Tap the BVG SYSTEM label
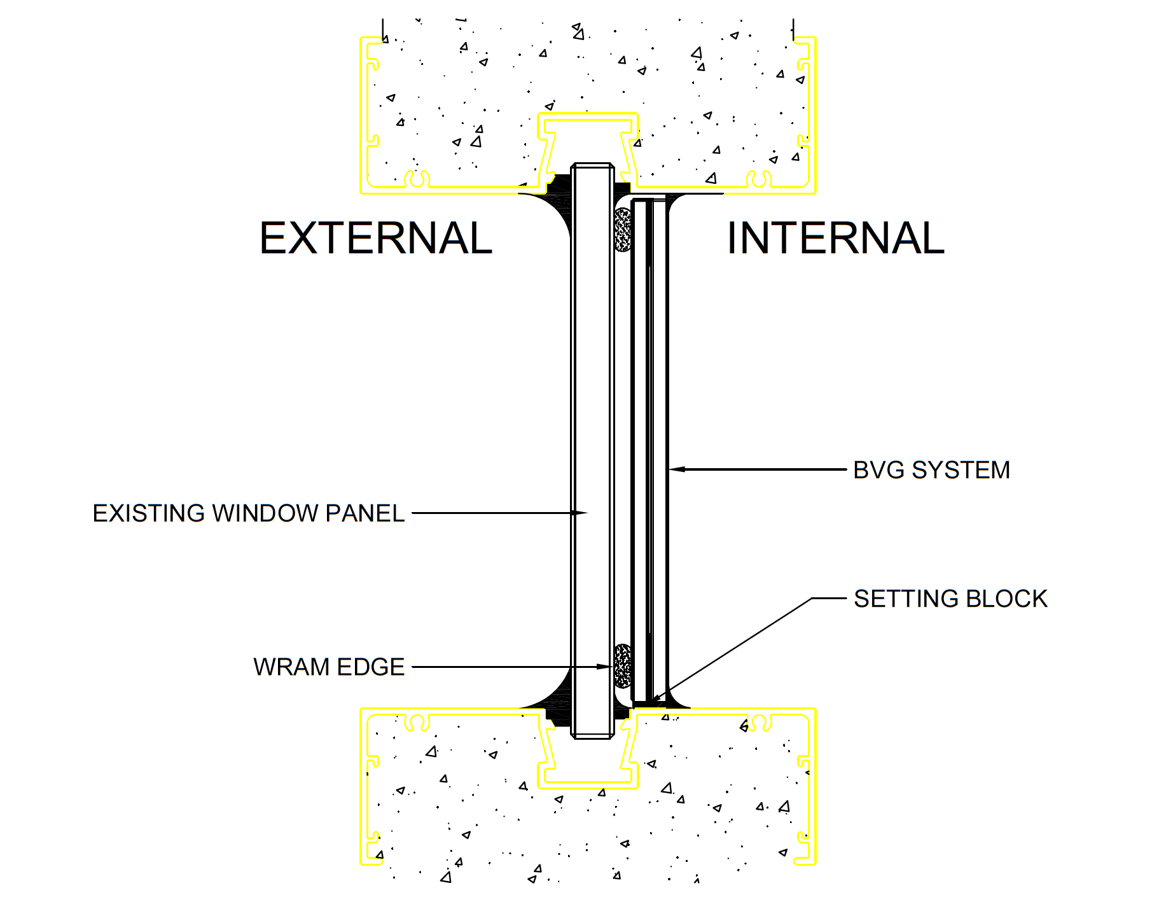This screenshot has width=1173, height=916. (x=931, y=470)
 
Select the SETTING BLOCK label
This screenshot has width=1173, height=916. (x=950, y=599)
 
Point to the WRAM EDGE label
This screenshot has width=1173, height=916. (x=329, y=667)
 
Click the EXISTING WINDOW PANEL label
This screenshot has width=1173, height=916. (x=249, y=513)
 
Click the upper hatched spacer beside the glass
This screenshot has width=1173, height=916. (x=623, y=229)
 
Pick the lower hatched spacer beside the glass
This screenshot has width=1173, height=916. (x=623, y=665)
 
